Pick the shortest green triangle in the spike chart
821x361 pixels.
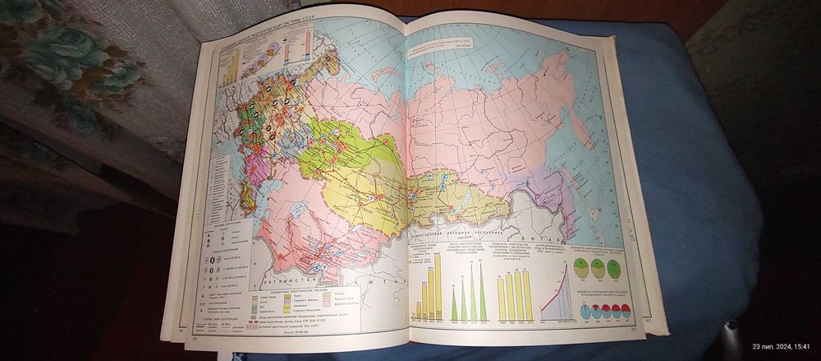click(x=454, y=308)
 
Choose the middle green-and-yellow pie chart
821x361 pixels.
click(x=600, y=269)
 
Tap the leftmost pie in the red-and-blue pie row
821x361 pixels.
click(x=585, y=312)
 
